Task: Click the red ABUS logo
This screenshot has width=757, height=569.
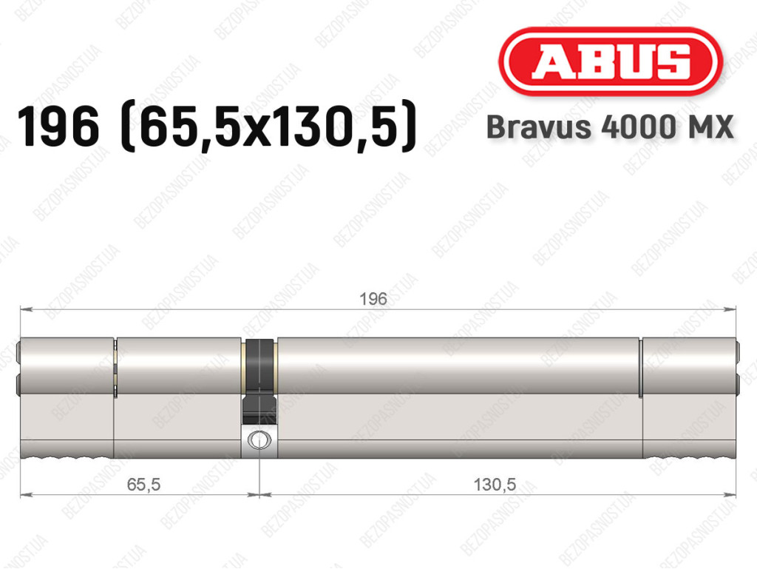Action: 610,61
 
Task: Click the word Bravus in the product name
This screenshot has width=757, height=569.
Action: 539,127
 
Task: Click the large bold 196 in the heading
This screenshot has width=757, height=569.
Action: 58,127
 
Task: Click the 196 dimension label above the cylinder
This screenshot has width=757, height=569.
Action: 373,299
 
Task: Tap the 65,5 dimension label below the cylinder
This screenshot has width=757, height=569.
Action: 143,484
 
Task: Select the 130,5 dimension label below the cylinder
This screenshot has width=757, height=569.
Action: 495,484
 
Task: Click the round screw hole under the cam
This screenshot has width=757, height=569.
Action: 259,440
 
